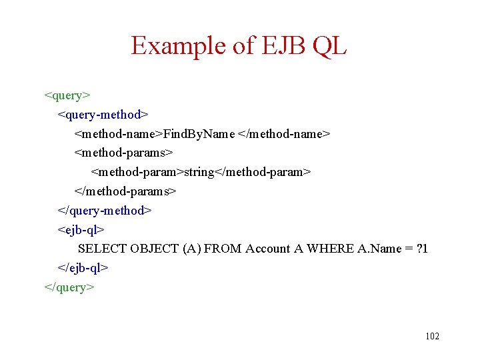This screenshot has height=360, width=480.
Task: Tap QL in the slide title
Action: [329, 46]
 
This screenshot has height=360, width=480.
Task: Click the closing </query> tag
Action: [69, 287]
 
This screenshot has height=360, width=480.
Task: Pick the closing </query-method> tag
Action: [105, 211]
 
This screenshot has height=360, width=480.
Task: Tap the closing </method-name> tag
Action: [284, 134]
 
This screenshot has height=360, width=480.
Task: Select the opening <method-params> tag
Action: [123, 153]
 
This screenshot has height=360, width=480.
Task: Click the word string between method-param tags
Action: [199, 173]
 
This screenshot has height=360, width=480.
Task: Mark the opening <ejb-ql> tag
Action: [81, 230]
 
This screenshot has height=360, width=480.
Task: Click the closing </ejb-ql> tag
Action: [83, 268]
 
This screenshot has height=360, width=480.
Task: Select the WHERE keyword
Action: [327, 249]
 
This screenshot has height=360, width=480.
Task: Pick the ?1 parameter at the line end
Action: [421, 249]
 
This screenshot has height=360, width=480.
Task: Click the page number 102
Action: [432, 336]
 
